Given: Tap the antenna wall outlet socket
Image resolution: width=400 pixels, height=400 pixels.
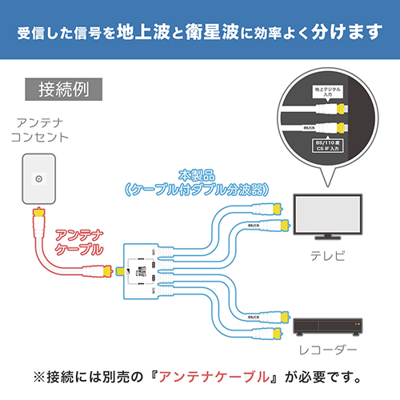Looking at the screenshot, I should point(39,180).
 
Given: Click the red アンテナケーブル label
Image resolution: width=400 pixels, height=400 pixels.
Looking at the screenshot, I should point(77,243).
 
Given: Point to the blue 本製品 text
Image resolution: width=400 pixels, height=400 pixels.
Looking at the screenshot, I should point(195,174).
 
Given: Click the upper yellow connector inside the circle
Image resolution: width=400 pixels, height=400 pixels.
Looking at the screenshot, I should point(342,107).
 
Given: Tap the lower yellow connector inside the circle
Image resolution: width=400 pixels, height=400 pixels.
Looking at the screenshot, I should point(342,128).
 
